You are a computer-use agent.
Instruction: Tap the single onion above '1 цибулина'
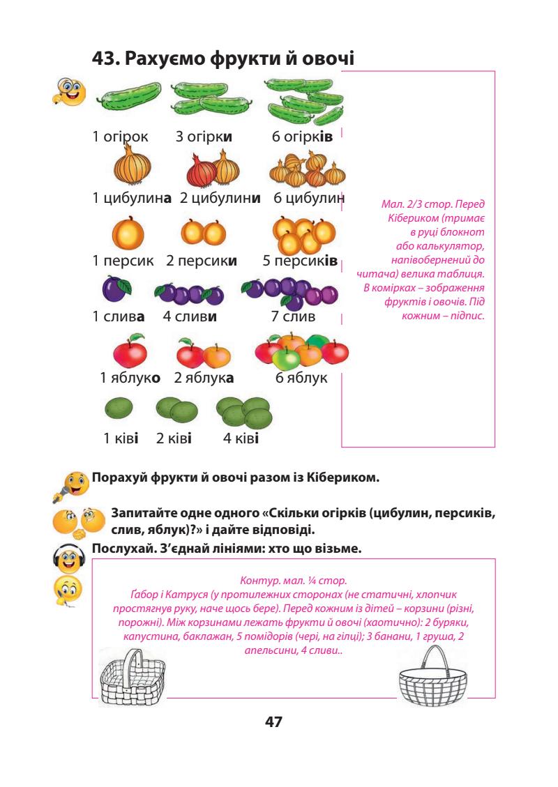[x=132, y=167]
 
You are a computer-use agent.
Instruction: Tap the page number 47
[x=273, y=721]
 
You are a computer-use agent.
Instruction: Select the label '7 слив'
[x=293, y=317]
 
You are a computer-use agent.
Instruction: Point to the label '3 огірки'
[x=204, y=137]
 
